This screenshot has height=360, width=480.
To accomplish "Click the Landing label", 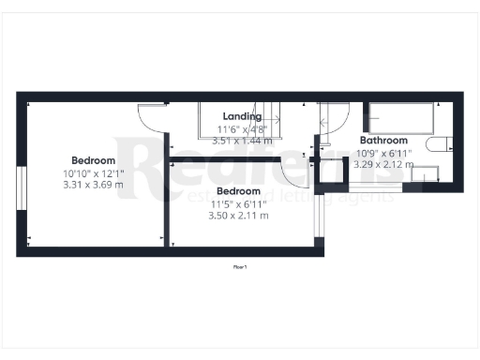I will pyautogui.click(x=242, y=116).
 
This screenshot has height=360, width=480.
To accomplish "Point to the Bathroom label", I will pyautogui.click(x=382, y=141).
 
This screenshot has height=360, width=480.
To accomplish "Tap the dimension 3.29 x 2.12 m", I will pyautogui.click(x=382, y=164).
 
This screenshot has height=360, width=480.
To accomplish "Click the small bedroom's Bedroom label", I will pyautogui.click(x=238, y=191).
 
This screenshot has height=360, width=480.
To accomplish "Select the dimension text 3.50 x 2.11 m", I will pyautogui.click(x=238, y=215).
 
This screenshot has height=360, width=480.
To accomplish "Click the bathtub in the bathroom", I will pyautogui.click(x=400, y=118).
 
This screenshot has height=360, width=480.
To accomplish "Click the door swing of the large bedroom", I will pyautogui.click(x=151, y=115).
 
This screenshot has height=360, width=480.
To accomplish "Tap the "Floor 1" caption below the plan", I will pyautogui.click(x=240, y=267).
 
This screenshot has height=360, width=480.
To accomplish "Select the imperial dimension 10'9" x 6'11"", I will pyautogui.click(x=382, y=152).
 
